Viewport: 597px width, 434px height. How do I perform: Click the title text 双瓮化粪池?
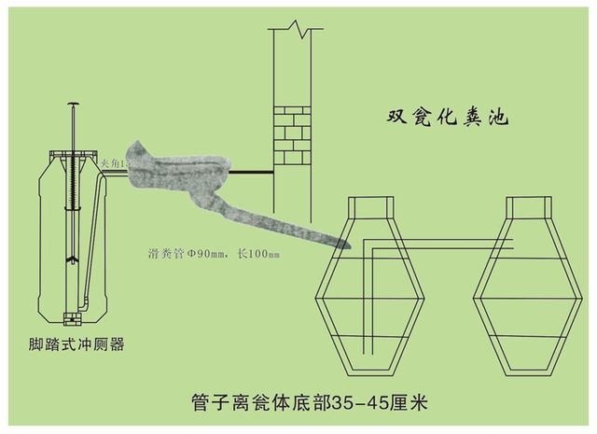click(x=449, y=119)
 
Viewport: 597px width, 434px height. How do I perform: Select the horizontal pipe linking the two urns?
click(x=438, y=245)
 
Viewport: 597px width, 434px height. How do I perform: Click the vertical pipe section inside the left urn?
click(x=366, y=299)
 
